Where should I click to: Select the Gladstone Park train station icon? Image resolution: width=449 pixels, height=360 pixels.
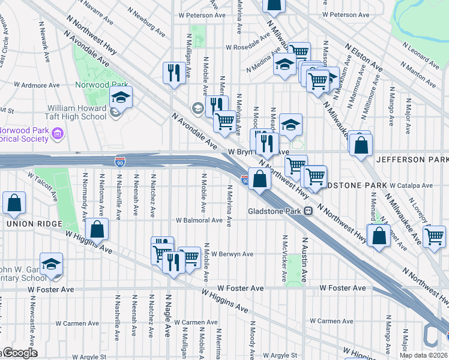pyautogui.click(x=307, y=211)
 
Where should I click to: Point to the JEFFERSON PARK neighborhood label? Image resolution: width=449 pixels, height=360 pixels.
pyautogui.click(x=412, y=160)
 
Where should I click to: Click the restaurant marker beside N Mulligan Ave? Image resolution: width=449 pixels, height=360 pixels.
pyautogui.click(x=173, y=73)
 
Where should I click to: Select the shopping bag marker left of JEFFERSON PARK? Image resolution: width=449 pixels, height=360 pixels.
pyautogui.click(x=361, y=146)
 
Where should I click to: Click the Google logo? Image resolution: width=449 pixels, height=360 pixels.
pyautogui.click(x=19, y=353)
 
